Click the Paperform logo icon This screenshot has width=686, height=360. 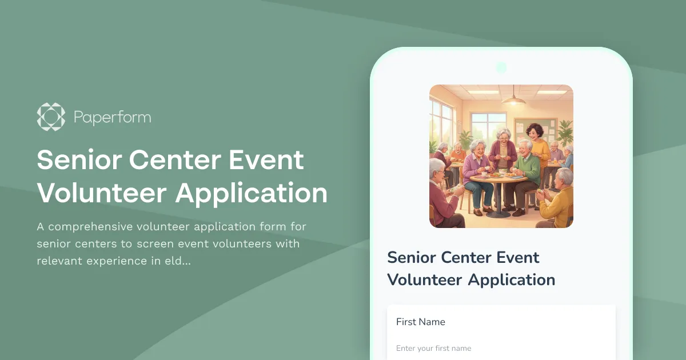[x=51, y=117]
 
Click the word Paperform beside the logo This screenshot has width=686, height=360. [x=112, y=118]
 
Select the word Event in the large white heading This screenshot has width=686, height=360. [x=266, y=160]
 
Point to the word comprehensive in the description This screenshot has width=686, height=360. [x=96, y=226]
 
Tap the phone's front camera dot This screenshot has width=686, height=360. [x=501, y=67]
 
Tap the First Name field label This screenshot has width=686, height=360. [x=420, y=322]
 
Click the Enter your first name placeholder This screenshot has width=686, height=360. [x=433, y=348]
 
